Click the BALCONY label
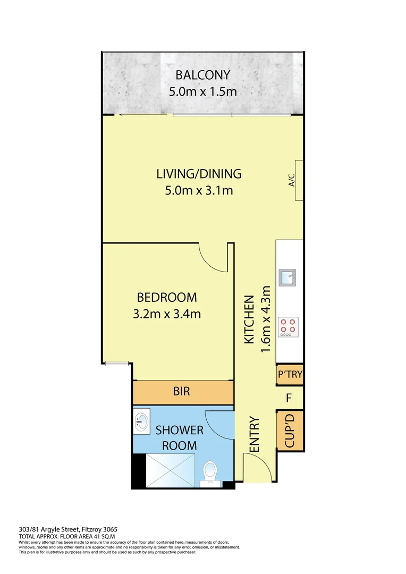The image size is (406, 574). (202, 75)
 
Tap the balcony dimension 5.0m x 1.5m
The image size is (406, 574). (202, 91)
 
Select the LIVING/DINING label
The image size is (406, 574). (199, 173)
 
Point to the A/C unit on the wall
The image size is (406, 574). (299, 180)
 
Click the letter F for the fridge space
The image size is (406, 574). (289, 397)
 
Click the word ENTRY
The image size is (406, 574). (253, 435)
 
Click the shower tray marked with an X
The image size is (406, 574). (164, 470)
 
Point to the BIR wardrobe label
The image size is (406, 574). (182, 392)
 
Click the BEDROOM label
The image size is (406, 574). (166, 297)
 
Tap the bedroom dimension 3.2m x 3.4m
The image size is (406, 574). (166, 314)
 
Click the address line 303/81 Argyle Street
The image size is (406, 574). (68, 529)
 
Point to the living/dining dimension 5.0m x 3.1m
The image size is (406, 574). (199, 190)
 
